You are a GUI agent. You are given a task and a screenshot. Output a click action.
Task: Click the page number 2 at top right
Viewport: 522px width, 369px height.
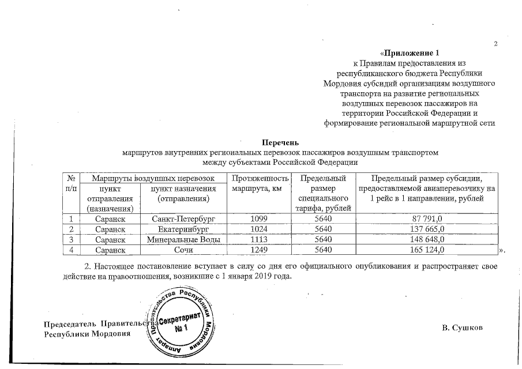pyautogui.click(x=495, y=46)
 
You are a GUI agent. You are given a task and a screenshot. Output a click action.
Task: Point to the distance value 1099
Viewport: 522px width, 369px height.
pyautogui.click(x=260, y=219)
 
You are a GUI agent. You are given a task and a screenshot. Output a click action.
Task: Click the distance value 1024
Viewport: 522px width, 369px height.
pyautogui.click(x=260, y=229)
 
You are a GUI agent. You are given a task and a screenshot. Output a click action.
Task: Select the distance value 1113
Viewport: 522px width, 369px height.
pyautogui.click(x=260, y=239)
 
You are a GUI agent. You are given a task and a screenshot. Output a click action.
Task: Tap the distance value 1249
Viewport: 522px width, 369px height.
pyautogui.click(x=260, y=250)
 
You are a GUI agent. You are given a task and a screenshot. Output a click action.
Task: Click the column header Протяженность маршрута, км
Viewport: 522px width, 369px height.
pyautogui.click(x=260, y=184)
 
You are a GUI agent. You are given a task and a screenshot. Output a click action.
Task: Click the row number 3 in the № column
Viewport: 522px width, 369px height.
pyautogui.click(x=71, y=239)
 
